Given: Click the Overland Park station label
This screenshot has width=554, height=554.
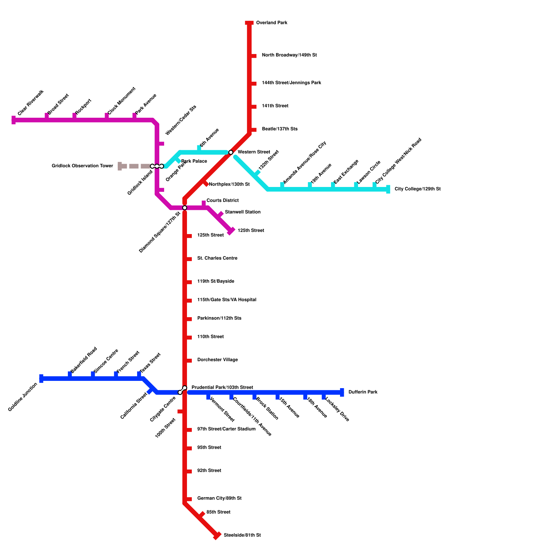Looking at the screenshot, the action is (x=271, y=23).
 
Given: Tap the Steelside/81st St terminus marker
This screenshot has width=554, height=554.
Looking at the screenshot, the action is (x=217, y=535).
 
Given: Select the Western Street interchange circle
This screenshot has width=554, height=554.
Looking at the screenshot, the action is (x=231, y=152).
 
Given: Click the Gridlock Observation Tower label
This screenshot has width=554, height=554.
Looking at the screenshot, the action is (x=82, y=166).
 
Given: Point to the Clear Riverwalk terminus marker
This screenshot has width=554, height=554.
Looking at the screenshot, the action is (x=14, y=120).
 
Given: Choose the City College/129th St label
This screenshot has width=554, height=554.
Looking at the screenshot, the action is (x=417, y=189).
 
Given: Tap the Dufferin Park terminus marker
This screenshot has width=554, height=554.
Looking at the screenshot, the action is (x=342, y=392).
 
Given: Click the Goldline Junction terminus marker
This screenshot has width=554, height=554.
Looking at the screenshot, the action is (x=41, y=378).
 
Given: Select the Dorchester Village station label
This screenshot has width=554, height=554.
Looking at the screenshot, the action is (x=217, y=360).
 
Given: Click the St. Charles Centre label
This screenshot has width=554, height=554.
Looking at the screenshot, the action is (x=217, y=258).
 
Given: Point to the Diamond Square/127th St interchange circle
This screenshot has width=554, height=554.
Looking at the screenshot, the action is (x=185, y=208).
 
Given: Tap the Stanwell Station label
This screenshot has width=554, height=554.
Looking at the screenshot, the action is (x=242, y=212).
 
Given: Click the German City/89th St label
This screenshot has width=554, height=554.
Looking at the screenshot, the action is (x=219, y=499).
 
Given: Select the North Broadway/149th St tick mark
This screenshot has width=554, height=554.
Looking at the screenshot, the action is (x=253, y=56).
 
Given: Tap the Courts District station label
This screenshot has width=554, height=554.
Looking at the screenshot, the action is (x=223, y=200).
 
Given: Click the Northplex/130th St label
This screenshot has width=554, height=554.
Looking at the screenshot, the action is (x=229, y=185).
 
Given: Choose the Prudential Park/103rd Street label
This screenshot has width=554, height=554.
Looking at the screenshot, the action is (x=222, y=387).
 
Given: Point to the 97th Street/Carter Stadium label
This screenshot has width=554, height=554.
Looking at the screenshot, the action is (x=226, y=429).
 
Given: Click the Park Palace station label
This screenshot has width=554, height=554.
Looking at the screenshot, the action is (x=194, y=161).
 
